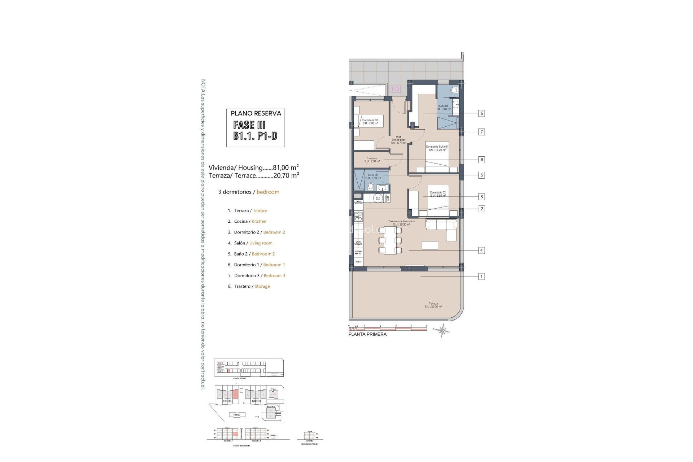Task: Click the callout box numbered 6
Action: coord(481,113)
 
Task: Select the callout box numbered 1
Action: coord(481,276)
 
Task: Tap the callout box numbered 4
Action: coord(481,250)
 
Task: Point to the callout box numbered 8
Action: coord(481,160)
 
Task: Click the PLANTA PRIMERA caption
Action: coord(367,334)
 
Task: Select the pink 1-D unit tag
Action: coord(395,89)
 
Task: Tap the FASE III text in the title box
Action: coord(249,125)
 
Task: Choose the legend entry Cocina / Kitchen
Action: coord(250,221)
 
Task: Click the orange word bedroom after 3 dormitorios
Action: coord(268,192)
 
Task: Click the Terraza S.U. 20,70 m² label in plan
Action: coord(433,305)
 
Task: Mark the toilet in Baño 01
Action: coord(454,90)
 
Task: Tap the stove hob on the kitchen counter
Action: coord(358,217)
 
